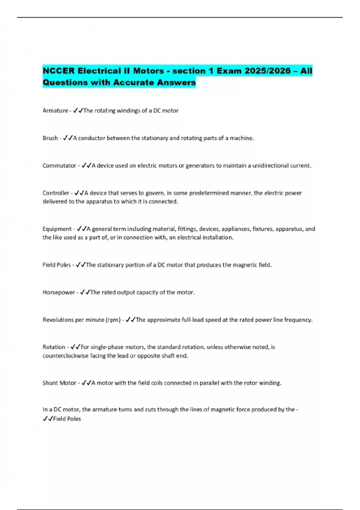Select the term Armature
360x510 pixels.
tap(55, 111)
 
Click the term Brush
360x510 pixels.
tap(50, 138)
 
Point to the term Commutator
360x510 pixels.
tap(59, 166)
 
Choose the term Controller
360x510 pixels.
tap(56, 193)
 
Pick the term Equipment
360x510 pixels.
tap(57, 229)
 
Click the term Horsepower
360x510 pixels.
tap(58, 292)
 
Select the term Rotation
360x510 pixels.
tap(54, 347)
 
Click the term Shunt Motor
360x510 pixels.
tap(59, 383)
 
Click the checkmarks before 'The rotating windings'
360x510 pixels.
tap(78, 111)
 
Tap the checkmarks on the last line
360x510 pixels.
tap(48, 419)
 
